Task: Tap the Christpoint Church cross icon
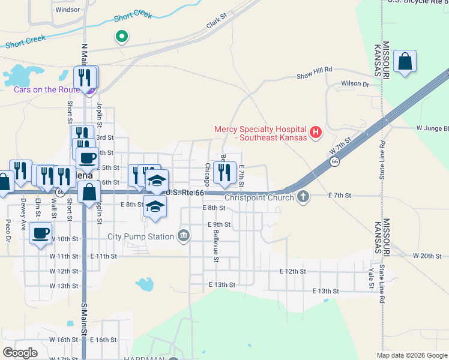click(304, 196)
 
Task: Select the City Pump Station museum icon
click(184, 235)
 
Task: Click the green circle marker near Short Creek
click(121, 37)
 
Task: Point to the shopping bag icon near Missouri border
click(405, 61)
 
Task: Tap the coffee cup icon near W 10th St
click(41, 233)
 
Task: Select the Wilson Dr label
click(355, 84)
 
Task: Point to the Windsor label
click(67, 10)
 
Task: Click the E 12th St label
click(293, 271)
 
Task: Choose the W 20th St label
click(427, 256)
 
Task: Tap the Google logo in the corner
click(20, 352)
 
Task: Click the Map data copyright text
click(411, 355)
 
